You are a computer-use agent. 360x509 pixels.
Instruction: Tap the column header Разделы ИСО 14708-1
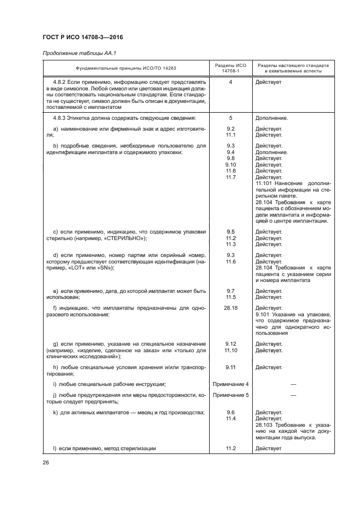[230, 68]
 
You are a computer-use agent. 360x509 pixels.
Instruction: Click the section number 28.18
[230, 308]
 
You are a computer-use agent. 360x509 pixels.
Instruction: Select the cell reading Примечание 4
[230, 385]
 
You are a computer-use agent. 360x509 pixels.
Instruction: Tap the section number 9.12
[230, 344]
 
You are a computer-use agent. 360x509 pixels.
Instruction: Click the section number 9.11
[230, 367]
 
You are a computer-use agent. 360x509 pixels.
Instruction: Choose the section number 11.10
[230, 350]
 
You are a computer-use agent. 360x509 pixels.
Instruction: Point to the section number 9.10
[230, 164]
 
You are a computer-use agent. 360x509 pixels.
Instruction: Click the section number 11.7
[230, 176]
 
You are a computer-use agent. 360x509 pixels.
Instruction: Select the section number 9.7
[230, 291]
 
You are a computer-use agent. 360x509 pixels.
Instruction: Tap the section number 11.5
[230, 297]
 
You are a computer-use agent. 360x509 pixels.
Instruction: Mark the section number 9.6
[230, 413]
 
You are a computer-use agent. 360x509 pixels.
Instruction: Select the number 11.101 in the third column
[265, 183]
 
